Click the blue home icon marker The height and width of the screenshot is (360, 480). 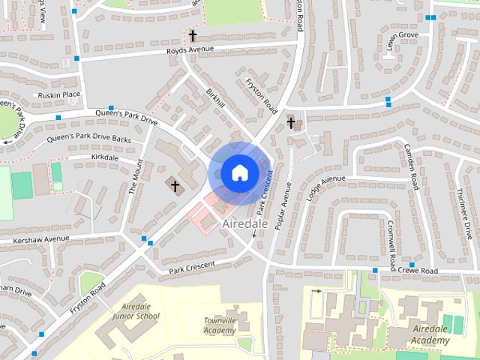point(239,173)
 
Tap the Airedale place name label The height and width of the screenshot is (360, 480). point(245,223)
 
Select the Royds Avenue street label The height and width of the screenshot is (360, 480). point(190,50)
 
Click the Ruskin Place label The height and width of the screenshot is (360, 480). point(59,94)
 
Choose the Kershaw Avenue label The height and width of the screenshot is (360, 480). point(34,240)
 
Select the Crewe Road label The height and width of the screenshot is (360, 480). point(418,270)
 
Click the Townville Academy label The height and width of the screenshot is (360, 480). point(220,325)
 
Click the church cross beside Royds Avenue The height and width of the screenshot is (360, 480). point(193,35)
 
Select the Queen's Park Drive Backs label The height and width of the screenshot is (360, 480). point(88,139)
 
